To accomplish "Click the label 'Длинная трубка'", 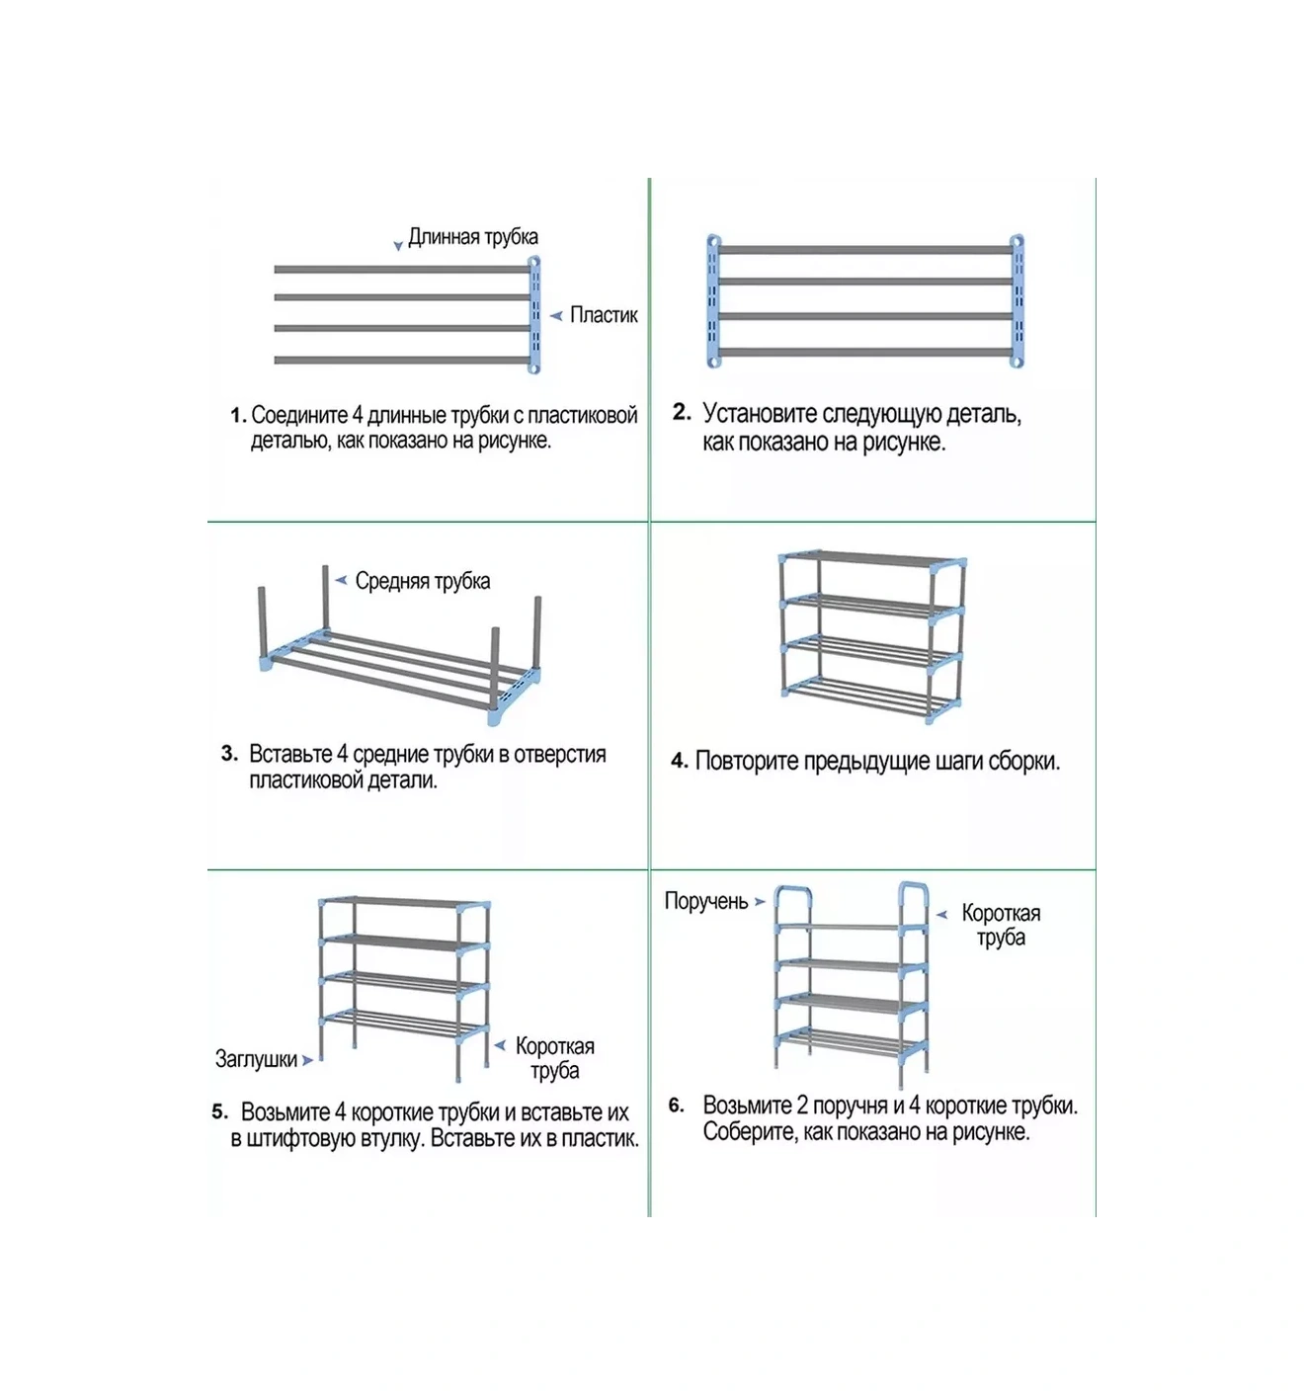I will pyautogui.click(x=472, y=237).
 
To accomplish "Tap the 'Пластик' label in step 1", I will pyautogui.click(x=604, y=315).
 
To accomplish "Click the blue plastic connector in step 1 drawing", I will pyautogui.click(x=533, y=315).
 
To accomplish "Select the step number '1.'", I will pyautogui.click(x=237, y=416).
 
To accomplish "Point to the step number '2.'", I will pyautogui.click(x=681, y=412).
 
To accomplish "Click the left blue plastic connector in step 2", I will pyautogui.click(x=714, y=301).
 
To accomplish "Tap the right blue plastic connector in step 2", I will pyautogui.click(x=1017, y=301).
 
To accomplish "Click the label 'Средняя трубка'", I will pyautogui.click(x=422, y=581).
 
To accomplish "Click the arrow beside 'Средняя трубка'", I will pyautogui.click(x=341, y=580).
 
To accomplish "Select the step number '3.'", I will pyautogui.click(x=229, y=754).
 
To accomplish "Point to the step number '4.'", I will pyautogui.click(x=679, y=762).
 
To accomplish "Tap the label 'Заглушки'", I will pyautogui.click(x=256, y=1059).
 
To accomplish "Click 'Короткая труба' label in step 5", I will pyautogui.click(x=554, y=1058).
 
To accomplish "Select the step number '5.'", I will pyautogui.click(x=219, y=1112).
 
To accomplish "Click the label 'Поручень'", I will pyautogui.click(x=705, y=901).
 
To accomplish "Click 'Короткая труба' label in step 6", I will pyautogui.click(x=1001, y=925).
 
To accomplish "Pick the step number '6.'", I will pyautogui.click(x=676, y=1106).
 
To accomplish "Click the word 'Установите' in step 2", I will pyautogui.click(x=760, y=414).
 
